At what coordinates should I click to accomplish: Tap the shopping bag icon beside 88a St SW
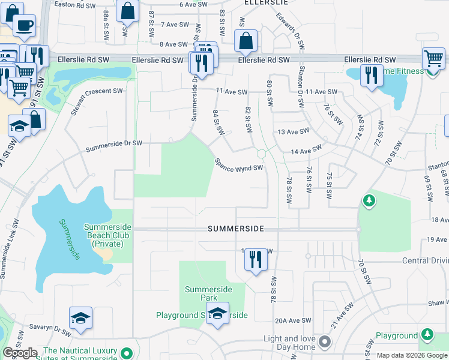click(127, 11)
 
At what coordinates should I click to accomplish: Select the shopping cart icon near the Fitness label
click(433, 59)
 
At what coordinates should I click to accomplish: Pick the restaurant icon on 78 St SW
click(256, 260)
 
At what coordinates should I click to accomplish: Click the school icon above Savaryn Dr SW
click(81, 318)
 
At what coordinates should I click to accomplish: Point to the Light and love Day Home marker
click(325, 342)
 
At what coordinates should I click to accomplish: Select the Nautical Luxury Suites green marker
click(126, 353)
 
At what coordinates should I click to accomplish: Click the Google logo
click(20, 353)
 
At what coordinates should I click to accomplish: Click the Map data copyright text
click(412, 355)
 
